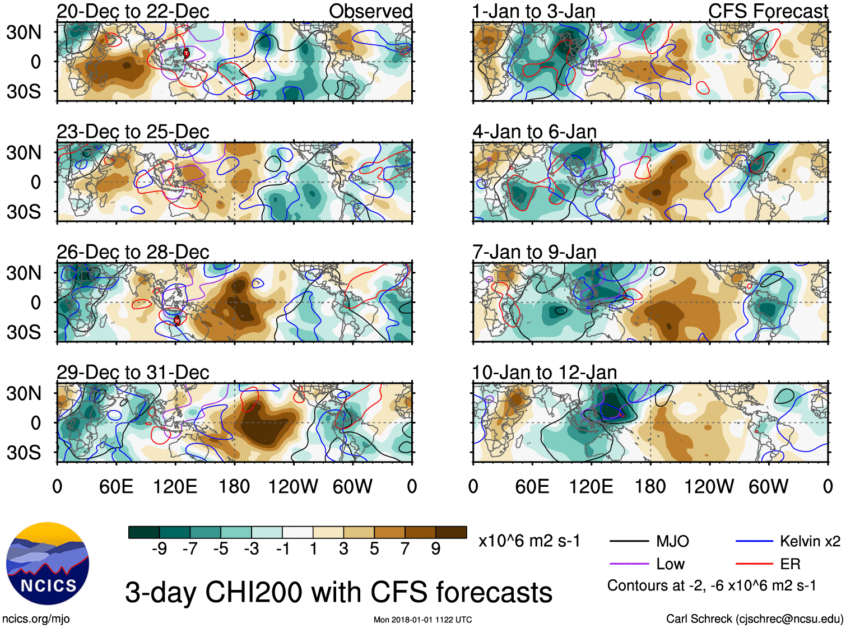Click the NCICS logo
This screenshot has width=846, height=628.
(x=48, y=564)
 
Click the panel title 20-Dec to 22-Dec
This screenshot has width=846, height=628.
(x=133, y=11)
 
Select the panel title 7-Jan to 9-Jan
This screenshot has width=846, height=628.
(x=534, y=252)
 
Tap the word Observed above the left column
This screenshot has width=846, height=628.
(x=370, y=11)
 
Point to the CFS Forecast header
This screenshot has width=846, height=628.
(x=768, y=11)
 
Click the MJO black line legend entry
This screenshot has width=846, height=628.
(x=650, y=541)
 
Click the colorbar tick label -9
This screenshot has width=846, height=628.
(x=159, y=549)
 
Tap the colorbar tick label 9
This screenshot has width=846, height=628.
(x=435, y=549)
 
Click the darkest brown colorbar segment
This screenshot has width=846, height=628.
(x=451, y=532)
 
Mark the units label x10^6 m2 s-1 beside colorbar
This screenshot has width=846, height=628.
(x=529, y=541)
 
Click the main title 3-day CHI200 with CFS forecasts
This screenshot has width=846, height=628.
(x=338, y=592)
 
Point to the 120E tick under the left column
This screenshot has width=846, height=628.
(x=175, y=486)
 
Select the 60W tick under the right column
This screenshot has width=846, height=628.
(x=768, y=486)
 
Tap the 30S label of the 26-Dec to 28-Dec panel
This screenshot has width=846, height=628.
(x=24, y=332)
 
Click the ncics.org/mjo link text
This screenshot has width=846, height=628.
(x=36, y=619)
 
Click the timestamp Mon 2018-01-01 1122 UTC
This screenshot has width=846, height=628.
(x=422, y=620)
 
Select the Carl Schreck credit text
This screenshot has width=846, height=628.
(x=754, y=619)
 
